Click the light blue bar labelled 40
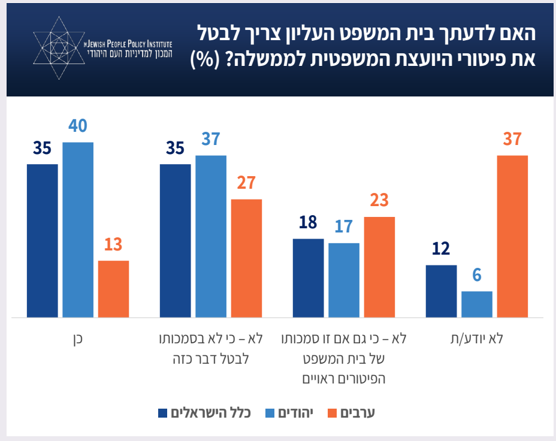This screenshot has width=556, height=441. [x=78, y=229]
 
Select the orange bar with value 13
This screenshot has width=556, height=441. [x=113, y=289]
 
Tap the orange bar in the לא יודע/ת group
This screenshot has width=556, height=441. [x=512, y=236]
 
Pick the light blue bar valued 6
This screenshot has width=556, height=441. [x=477, y=304]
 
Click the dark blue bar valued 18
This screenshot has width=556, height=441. [x=308, y=278]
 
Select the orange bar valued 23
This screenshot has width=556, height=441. [x=379, y=267]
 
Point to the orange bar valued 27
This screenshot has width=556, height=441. [x=246, y=258]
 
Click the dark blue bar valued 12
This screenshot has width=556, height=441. [x=441, y=291]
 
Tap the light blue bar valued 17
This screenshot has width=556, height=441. [x=344, y=280]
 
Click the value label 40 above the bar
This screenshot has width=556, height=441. [x=78, y=126]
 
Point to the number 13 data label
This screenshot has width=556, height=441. [x=113, y=245]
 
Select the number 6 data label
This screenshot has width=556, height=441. [x=477, y=276]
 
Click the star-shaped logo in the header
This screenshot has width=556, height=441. [x=58, y=47]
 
